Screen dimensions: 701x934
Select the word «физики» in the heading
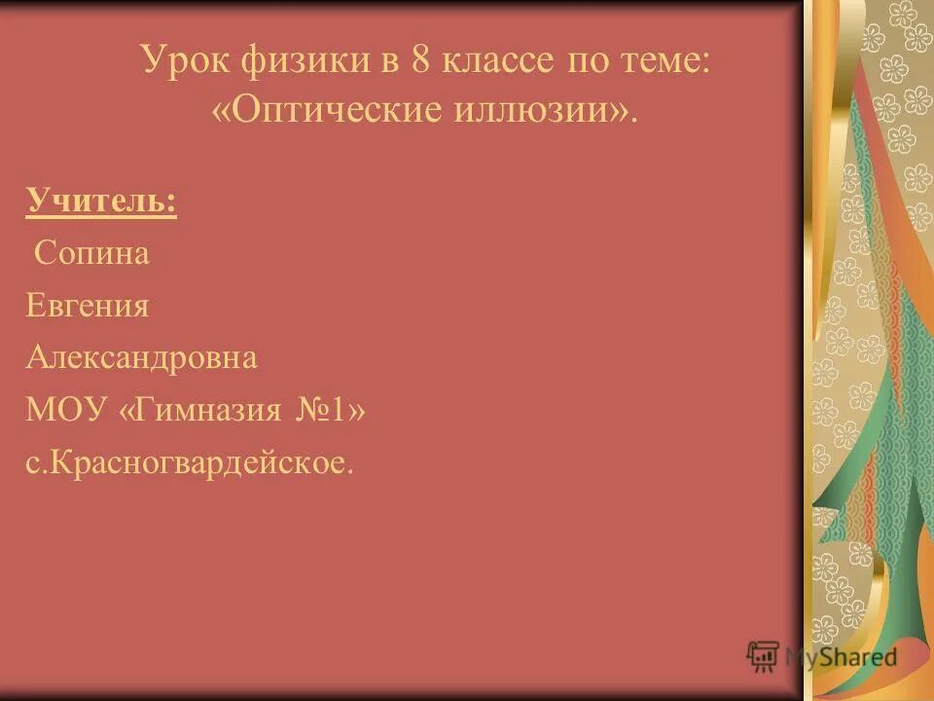298,61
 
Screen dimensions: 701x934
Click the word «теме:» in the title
670,61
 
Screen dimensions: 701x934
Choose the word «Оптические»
326,109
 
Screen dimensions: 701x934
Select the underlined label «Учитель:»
101,203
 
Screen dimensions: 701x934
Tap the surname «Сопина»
92,254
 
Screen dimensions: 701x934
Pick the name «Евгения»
88,306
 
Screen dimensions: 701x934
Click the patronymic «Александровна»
142,357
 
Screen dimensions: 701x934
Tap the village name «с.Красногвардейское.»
191,462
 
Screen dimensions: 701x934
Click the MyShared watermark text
841,656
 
